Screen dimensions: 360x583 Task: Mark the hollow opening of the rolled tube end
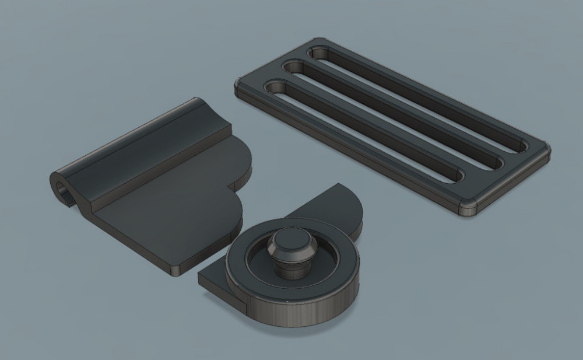pyautogui.click(x=62, y=189)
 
